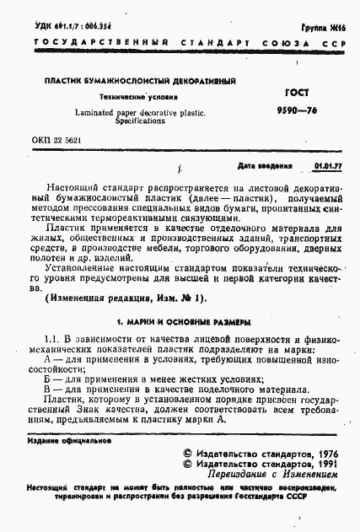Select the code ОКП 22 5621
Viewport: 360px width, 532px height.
point(56,140)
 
